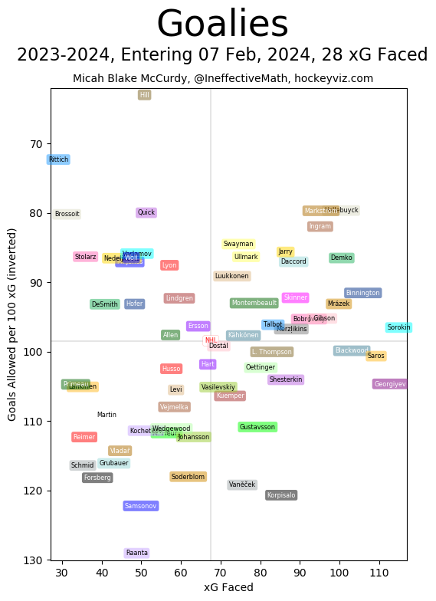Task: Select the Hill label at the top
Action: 144,95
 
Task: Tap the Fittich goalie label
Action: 58,159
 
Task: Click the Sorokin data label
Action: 398,327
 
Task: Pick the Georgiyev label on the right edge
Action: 390,384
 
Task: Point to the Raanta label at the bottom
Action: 136,553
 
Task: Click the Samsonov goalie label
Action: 141,506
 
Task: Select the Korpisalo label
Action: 281,495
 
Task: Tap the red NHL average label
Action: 210,340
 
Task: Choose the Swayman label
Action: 238,244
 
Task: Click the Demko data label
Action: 341,258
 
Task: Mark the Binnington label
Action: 362,293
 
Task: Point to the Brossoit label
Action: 67,214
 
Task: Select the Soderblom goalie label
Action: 188,477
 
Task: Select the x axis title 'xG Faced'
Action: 228,587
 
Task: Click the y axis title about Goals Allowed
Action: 12,324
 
